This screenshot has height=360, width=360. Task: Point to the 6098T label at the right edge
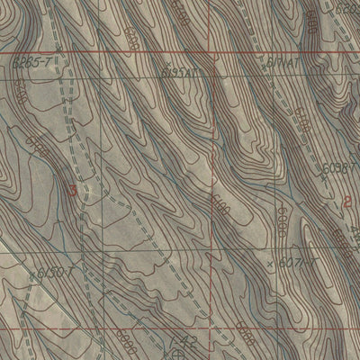point(342,168)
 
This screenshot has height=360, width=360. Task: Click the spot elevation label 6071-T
point(299,263)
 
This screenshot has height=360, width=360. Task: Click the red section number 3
point(72,190)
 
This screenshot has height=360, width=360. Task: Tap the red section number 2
point(348,201)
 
